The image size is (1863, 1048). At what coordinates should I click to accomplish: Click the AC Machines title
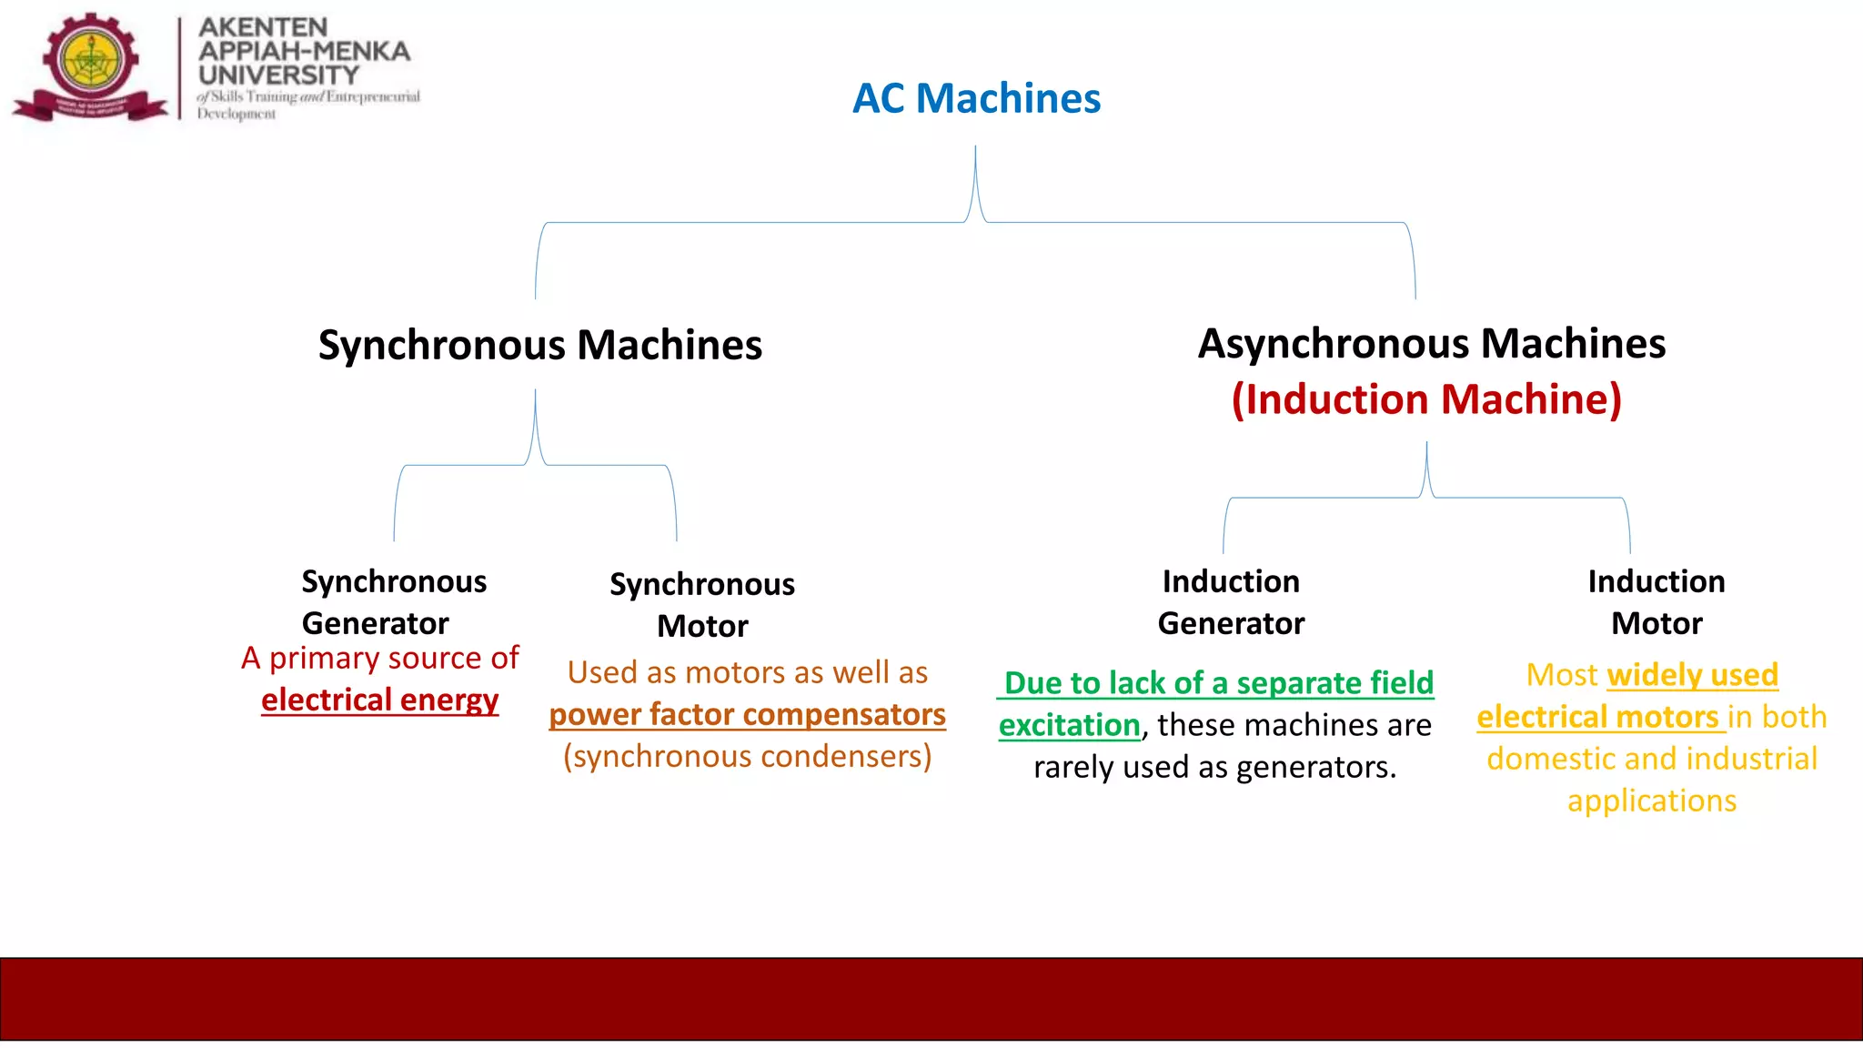pos(976,98)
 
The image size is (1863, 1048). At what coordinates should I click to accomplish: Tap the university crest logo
pos(91,65)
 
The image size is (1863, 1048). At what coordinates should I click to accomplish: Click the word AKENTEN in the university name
pos(263,27)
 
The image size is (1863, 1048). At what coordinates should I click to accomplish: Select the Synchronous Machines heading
pos(539,346)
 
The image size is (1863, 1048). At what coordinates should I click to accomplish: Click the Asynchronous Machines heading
pos(1431,344)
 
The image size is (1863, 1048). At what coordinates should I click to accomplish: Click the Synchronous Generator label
pos(393,602)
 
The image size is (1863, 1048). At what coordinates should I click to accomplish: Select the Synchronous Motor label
pos(701,605)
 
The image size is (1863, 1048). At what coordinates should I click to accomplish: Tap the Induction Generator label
pos(1231,602)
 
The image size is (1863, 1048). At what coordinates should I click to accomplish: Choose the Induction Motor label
pos(1656,602)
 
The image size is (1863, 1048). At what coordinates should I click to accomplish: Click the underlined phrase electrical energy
pos(379,700)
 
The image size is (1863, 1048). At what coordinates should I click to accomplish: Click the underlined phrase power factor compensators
pos(747,714)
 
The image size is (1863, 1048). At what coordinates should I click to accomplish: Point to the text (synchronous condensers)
pos(747,757)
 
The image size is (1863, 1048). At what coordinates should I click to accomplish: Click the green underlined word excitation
pos(1069,725)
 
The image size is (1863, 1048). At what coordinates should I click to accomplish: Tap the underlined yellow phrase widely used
pos(1692,675)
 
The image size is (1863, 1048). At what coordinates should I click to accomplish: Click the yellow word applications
pos(1651,801)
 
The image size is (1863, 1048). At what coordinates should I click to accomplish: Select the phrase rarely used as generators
pos(1214,767)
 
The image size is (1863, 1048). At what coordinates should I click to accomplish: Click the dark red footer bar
pos(931,998)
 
